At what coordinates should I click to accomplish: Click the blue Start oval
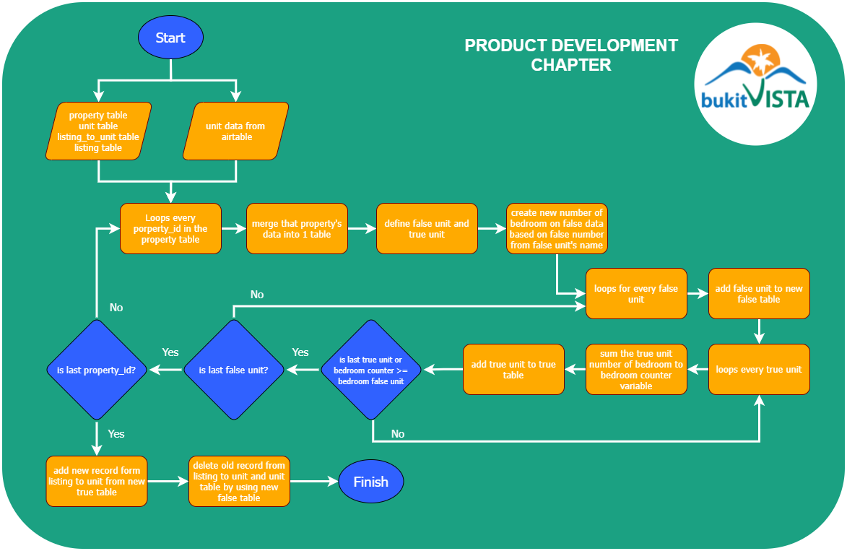(170, 38)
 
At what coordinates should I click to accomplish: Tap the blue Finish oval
(370, 482)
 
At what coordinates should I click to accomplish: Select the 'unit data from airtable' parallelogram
(235, 131)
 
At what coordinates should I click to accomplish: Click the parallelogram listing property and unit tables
(98, 131)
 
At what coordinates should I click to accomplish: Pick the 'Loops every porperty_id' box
(170, 228)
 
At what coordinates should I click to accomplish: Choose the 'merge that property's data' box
(297, 228)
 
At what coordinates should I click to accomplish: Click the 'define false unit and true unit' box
(427, 228)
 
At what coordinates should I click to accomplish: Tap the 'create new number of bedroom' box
(557, 228)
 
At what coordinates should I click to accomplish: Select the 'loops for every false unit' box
(636, 293)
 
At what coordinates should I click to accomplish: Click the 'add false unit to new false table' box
(759, 293)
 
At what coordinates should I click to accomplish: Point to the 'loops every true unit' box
(759, 369)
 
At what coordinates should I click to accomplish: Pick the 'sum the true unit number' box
(636, 369)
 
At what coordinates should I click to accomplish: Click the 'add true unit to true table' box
(513, 369)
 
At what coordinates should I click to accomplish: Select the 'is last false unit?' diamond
(233, 370)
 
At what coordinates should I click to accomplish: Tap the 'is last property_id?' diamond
(96, 370)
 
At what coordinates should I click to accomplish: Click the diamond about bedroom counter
(372, 370)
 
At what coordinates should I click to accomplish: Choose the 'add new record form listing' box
(97, 481)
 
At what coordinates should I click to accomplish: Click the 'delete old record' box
(239, 481)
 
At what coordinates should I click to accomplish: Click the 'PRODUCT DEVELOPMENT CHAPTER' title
(571, 55)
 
